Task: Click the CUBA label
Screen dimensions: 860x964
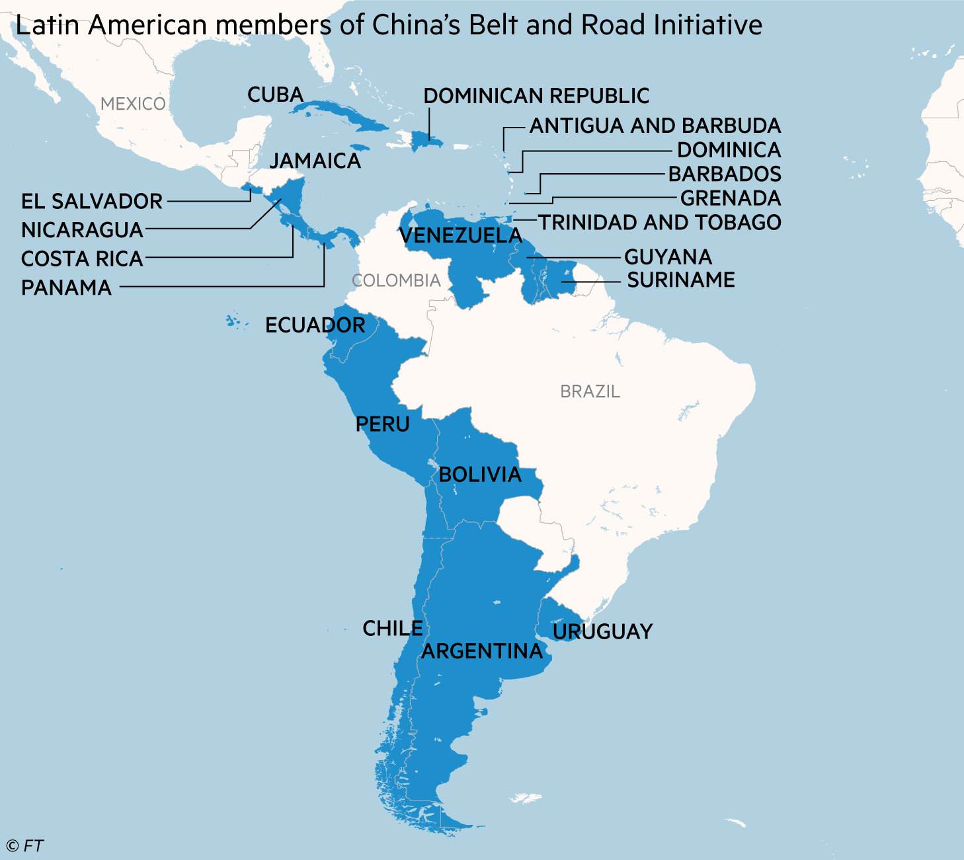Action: [275, 95]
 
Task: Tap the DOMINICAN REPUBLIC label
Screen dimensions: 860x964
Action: [536, 97]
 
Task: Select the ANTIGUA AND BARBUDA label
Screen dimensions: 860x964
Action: [655, 126]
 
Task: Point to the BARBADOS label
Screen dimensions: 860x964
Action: [725, 174]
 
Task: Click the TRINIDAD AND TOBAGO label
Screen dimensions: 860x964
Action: [660, 223]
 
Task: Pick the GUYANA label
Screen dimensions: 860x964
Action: [668, 257]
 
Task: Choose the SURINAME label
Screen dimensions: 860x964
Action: [681, 280]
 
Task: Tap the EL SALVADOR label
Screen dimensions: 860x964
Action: [92, 202]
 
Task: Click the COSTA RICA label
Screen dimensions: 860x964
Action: [82, 259]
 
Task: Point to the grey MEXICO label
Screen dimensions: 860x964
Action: [133, 104]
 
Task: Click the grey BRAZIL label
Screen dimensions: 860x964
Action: [590, 392]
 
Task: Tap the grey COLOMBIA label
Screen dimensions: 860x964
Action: [396, 281]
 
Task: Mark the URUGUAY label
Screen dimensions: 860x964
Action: [602, 632]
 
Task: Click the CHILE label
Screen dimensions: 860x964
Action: [393, 629]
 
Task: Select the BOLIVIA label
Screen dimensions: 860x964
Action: [480, 475]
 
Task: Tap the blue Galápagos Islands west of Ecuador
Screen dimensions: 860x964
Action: [232, 322]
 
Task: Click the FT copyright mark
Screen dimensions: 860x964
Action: [25, 846]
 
